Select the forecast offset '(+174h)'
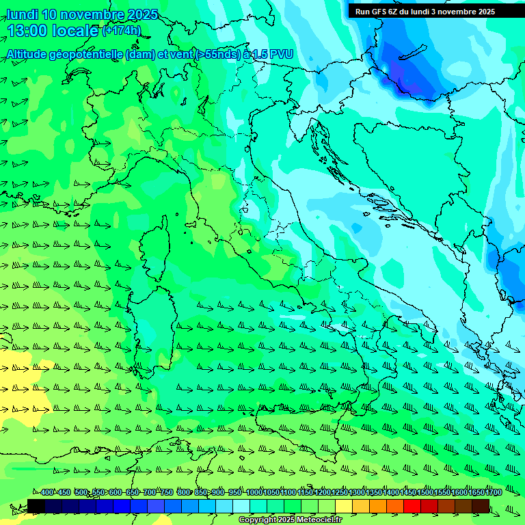[x=121, y=31]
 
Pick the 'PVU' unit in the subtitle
[x=281, y=54]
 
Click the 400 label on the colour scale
[x=46, y=493]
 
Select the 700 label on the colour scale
[x=149, y=493]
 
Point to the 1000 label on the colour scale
[x=254, y=493]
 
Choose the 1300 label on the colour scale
[x=356, y=493]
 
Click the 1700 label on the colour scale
[x=494, y=493]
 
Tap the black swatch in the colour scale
[x=36, y=506]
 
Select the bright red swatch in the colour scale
[x=412, y=506]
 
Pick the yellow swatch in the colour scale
[x=344, y=506]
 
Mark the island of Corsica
[x=157, y=244]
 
